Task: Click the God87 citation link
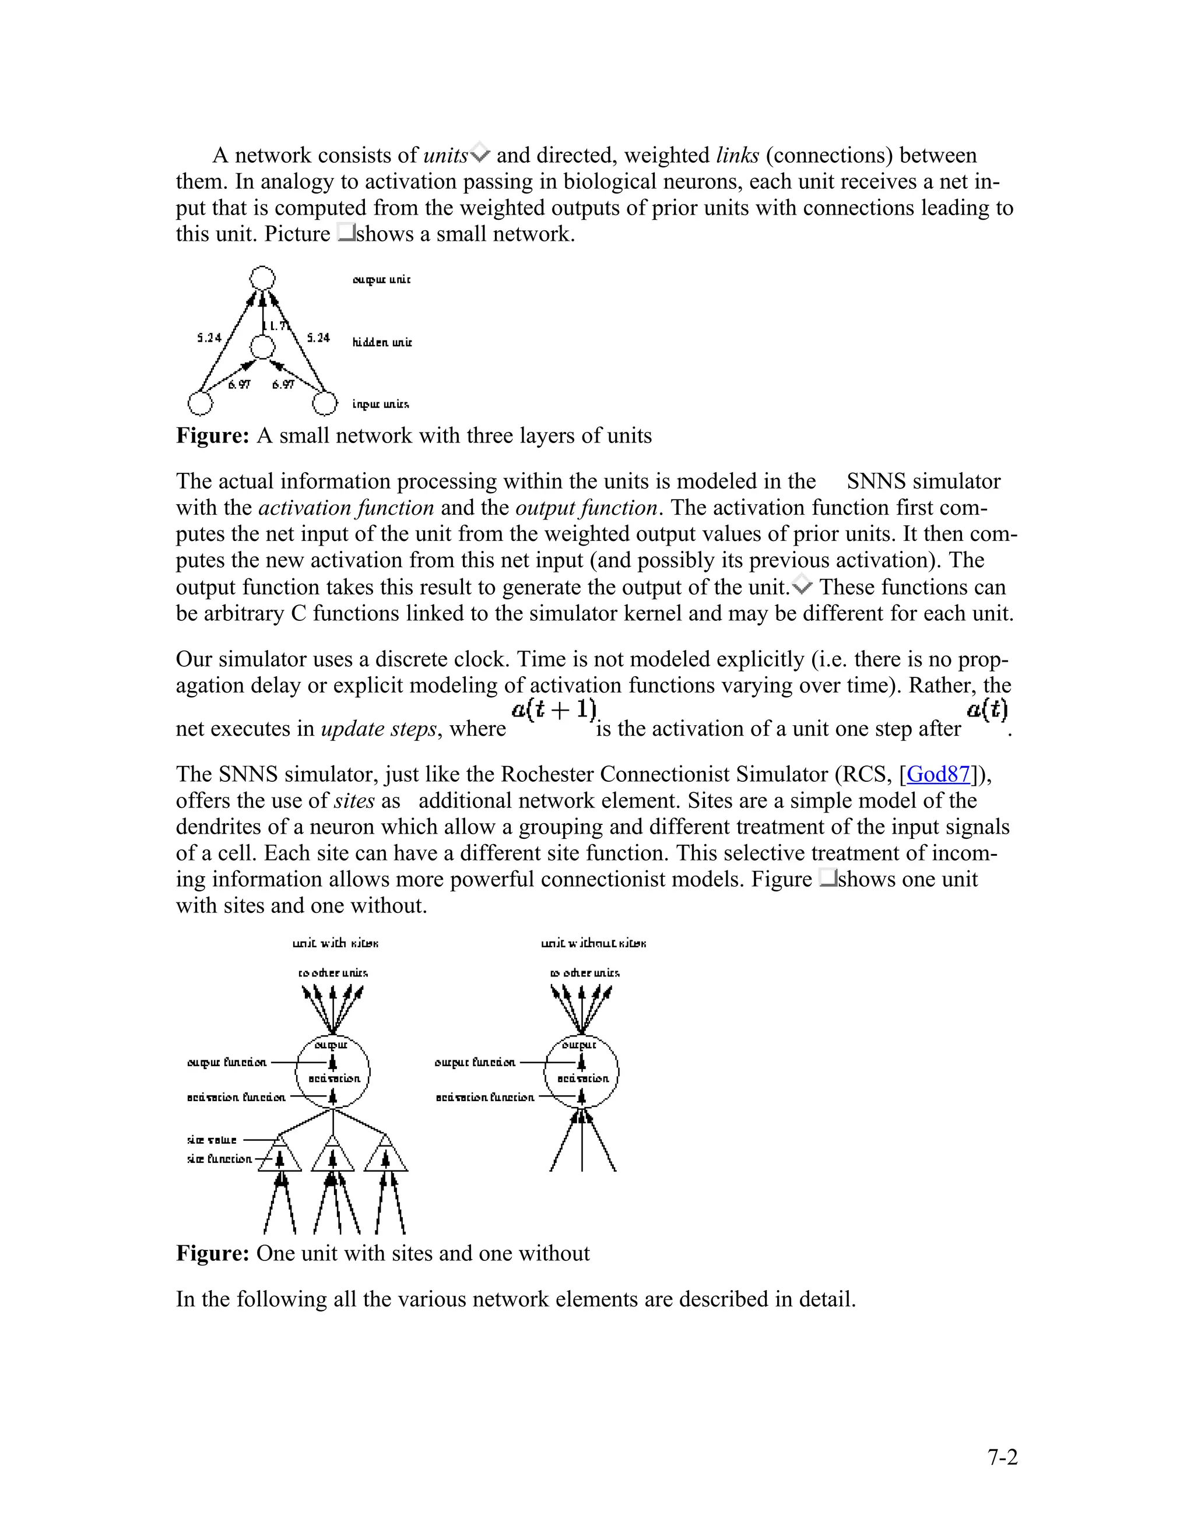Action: pos(938,774)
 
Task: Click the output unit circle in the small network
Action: pos(263,278)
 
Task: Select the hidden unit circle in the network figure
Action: pos(263,347)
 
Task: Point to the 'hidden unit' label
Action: pos(382,342)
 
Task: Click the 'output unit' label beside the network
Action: pos(381,280)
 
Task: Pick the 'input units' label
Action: pos(381,404)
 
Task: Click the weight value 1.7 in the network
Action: pos(278,325)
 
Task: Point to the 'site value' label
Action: pos(212,1140)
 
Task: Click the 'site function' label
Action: pos(219,1159)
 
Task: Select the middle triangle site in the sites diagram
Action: pos(333,1155)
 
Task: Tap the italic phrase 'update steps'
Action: pos(379,729)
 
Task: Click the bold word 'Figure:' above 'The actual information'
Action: pos(212,435)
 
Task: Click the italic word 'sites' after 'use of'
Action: pos(354,800)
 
